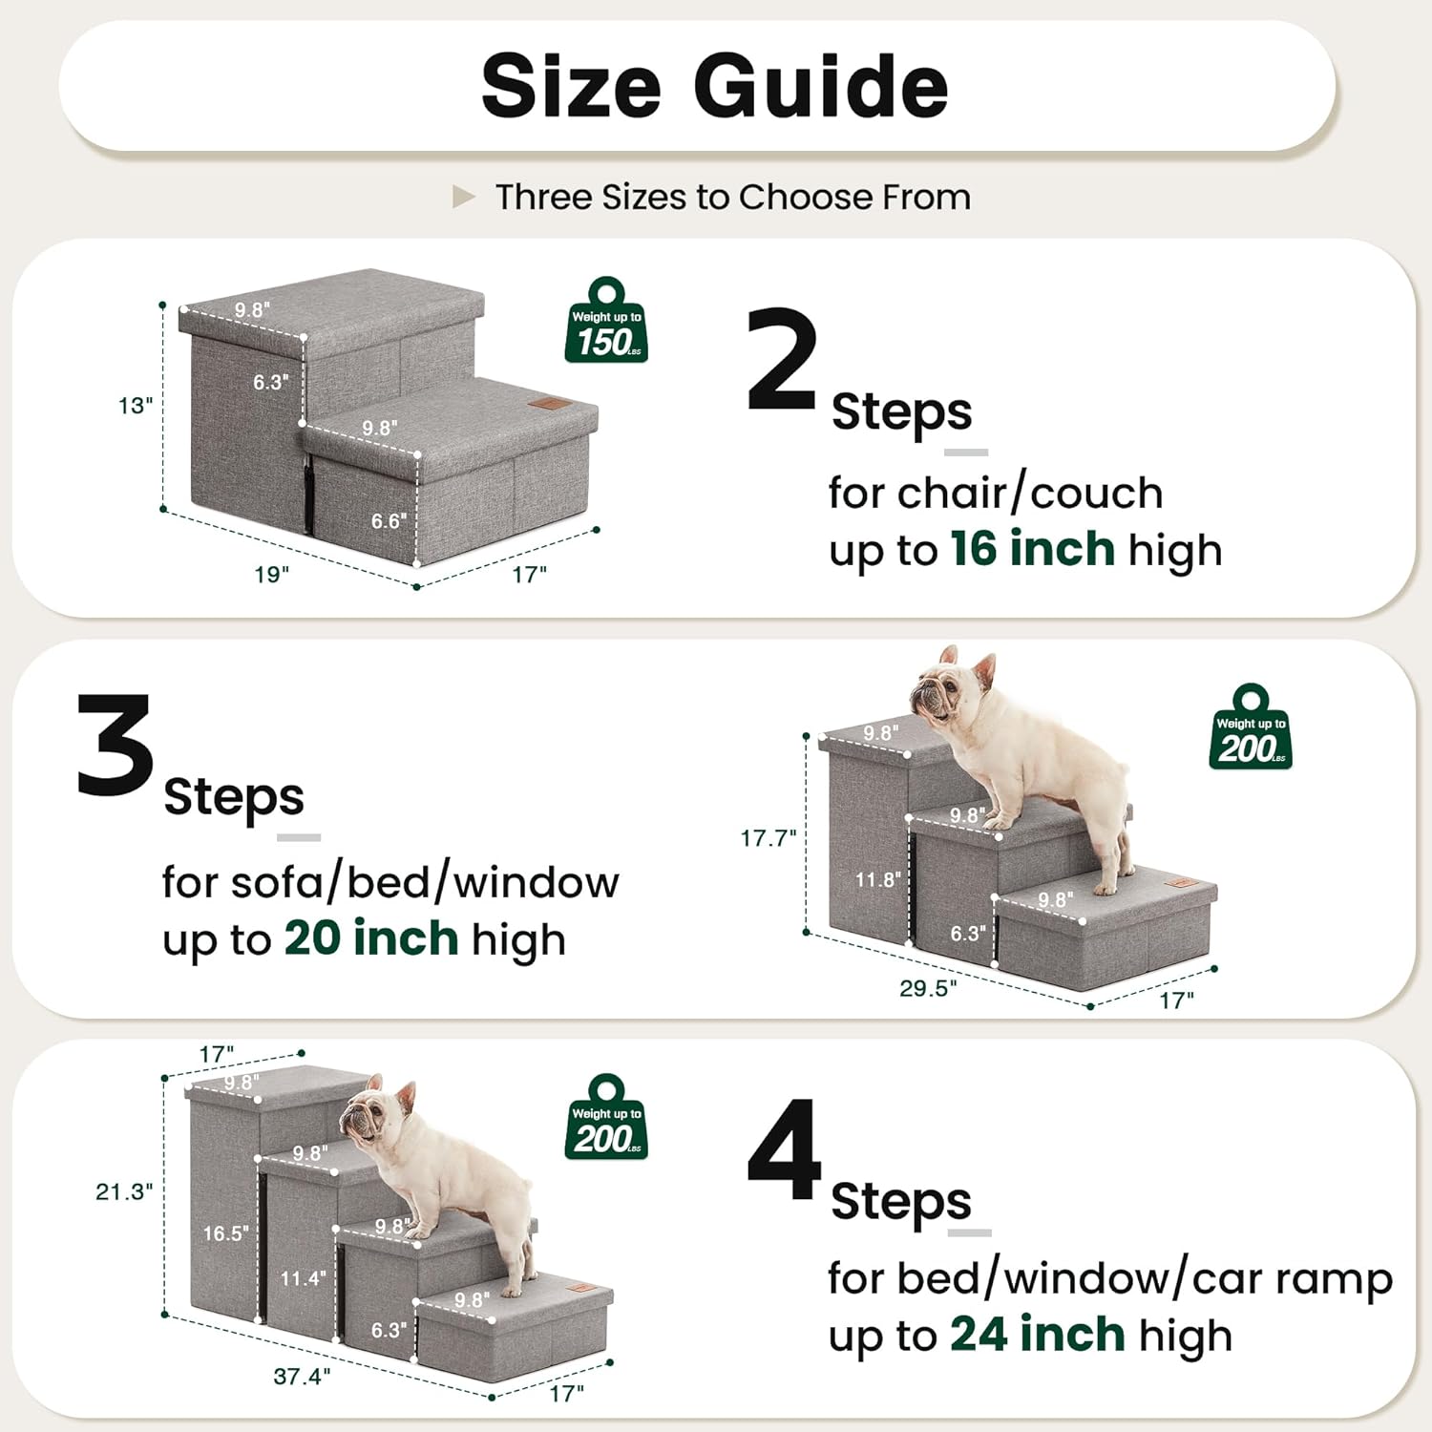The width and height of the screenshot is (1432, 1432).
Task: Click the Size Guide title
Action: [714, 86]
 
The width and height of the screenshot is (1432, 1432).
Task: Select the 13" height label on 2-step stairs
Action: [136, 406]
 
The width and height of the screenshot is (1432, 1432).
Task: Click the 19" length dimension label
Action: [271, 575]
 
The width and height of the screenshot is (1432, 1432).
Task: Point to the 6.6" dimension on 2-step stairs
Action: [389, 521]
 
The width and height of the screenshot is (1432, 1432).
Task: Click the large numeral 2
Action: [782, 361]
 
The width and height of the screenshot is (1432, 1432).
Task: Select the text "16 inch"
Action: [1032, 549]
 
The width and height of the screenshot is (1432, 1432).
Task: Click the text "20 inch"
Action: [371, 938]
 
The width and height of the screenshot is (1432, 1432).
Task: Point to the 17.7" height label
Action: [768, 838]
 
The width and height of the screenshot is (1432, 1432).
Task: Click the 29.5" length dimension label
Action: [927, 988]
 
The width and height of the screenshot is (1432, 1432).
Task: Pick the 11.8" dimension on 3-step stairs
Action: [877, 879]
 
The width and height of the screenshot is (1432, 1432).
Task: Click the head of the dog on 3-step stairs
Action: [945, 689]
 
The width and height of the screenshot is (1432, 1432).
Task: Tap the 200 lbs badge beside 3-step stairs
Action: [1251, 729]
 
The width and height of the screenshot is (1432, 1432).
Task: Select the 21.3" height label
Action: [124, 1191]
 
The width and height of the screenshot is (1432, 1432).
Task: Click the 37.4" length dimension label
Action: [302, 1376]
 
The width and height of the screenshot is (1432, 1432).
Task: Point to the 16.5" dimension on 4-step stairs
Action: [225, 1233]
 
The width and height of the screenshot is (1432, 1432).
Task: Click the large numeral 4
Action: [784, 1150]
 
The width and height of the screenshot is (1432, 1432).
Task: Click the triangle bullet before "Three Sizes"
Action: [463, 198]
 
